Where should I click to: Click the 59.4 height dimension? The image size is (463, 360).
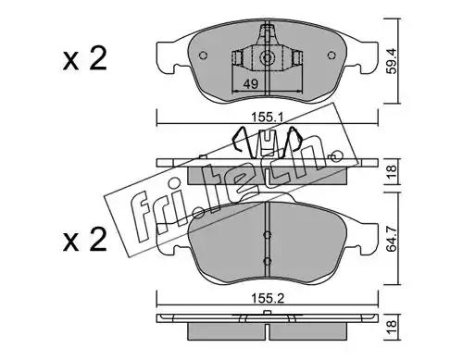point(392,64)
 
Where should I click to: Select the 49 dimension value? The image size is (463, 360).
point(250,84)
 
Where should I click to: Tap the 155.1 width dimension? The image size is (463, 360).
point(267,118)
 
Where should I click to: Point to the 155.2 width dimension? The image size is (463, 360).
point(268,299)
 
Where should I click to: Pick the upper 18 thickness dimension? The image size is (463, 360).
point(391,172)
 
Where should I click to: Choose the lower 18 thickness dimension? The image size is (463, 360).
point(391,327)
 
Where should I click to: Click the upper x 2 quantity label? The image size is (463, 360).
point(84,58)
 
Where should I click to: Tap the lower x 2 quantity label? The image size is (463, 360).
point(84,240)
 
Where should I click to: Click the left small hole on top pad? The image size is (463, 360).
point(204,56)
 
